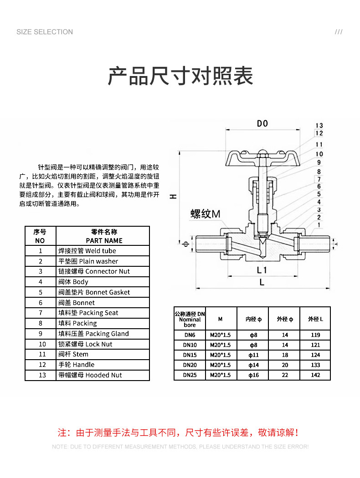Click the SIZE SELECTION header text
(45, 32)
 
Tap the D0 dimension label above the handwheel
(262, 123)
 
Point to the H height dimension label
(173, 197)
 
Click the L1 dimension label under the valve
(262, 270)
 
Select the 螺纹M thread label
(206, 214)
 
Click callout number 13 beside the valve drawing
(319, 126)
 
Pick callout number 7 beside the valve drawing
(319, 179)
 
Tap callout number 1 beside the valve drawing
(319, 225)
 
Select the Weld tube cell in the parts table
(103, 250)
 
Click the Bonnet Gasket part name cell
(103, 292)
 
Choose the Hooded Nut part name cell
(103, 375)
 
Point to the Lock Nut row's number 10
(42, 344)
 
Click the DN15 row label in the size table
(190, 355)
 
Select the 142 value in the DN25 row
(315, 375)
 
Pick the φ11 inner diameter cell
(253, 355)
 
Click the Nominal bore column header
(190, 319)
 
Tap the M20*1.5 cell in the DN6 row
(220, 335)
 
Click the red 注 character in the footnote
(62, 432)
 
